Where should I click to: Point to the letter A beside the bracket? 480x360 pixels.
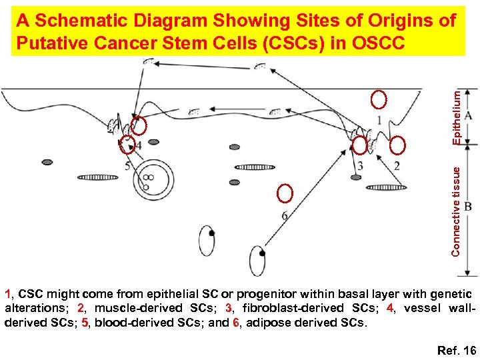click(469, 115)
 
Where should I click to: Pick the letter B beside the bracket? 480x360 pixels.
click(469, 207)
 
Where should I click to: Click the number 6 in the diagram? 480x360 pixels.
click(285, 215)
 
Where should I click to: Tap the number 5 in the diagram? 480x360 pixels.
click(128, 165)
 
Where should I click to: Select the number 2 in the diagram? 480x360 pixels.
click(397, 165)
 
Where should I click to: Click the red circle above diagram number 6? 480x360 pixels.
click(285, 193)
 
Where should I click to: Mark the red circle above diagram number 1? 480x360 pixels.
click(379, 100)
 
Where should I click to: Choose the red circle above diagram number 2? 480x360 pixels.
click(398, 145)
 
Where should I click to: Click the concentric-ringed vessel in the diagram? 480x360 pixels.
click(149, 178)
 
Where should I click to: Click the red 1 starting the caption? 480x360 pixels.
click(8, 293)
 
